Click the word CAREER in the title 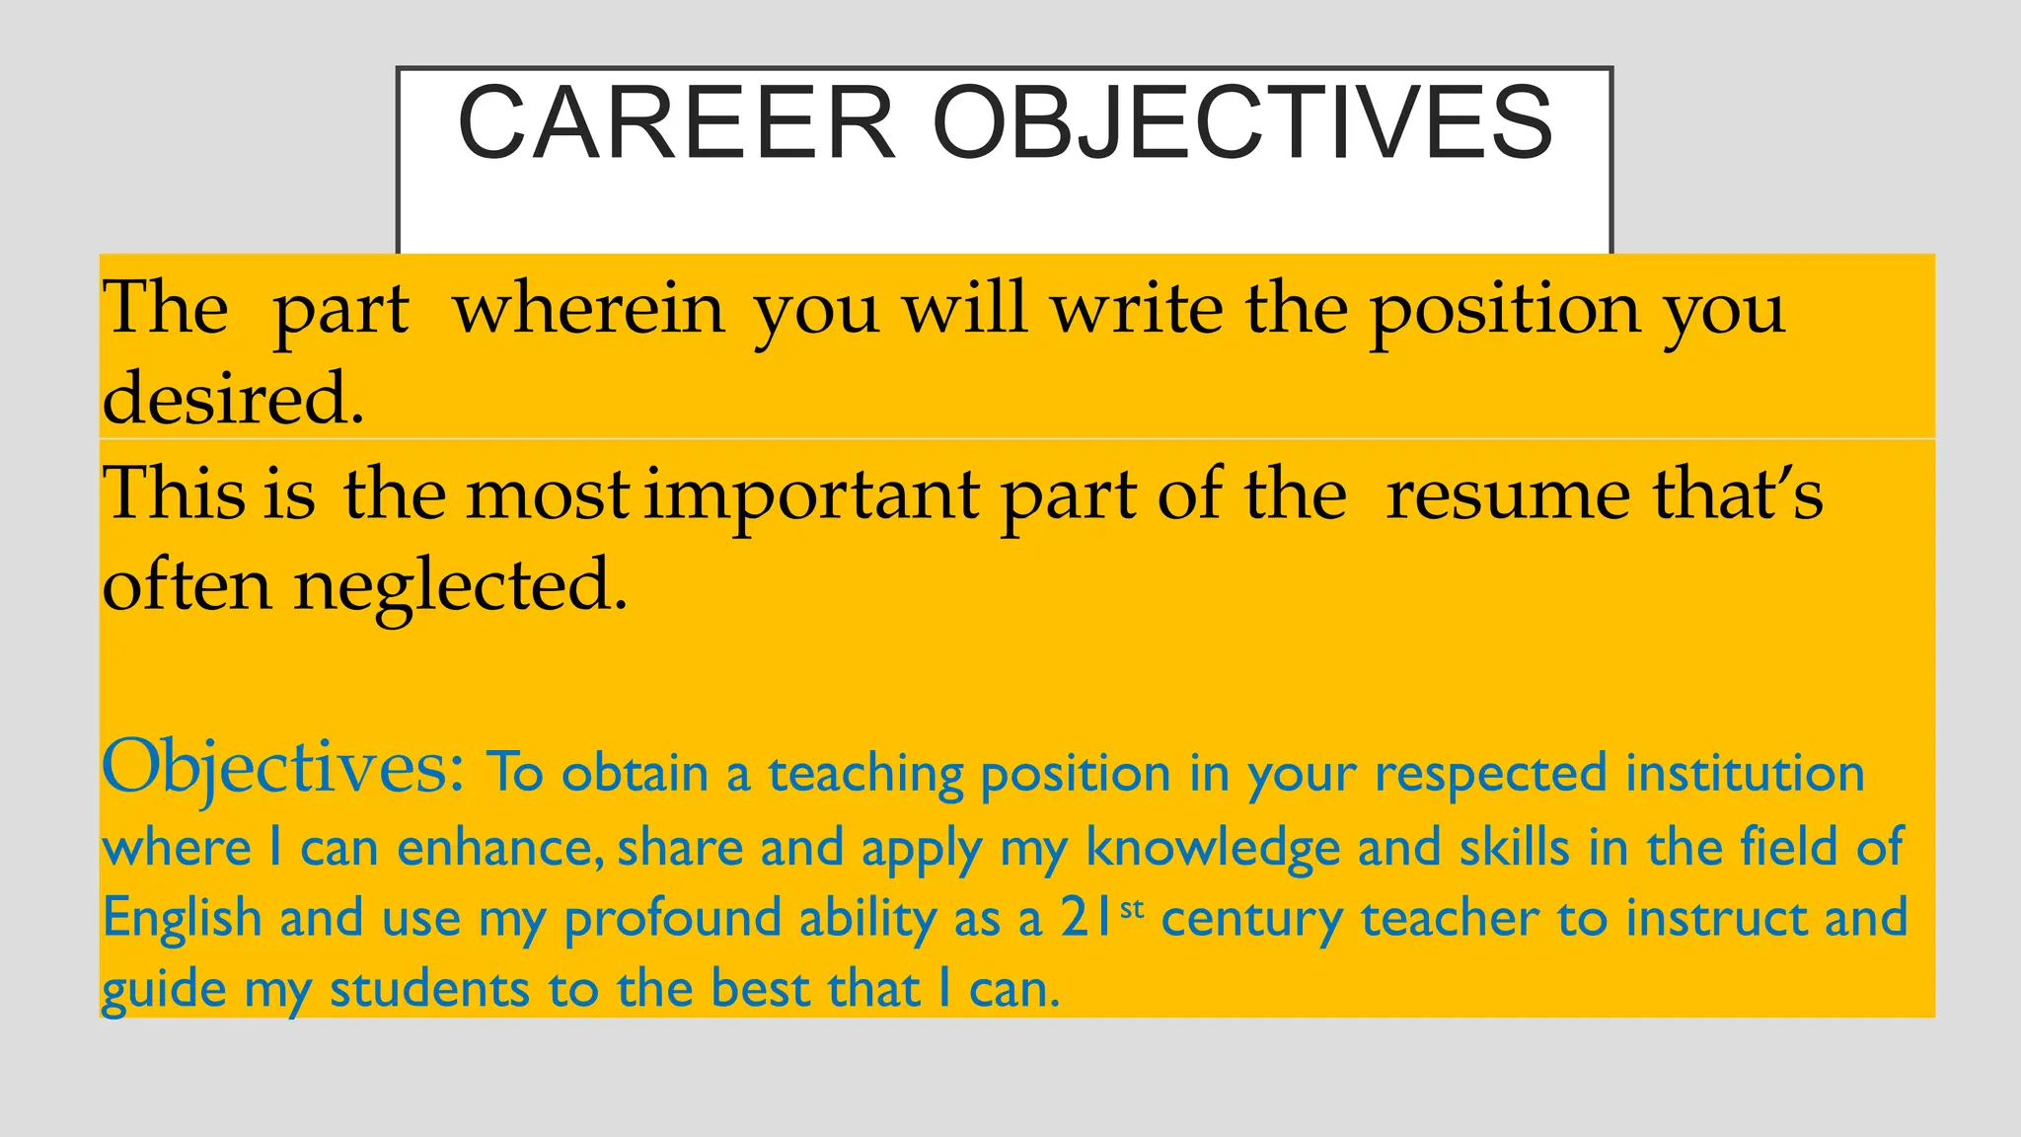(676, 123)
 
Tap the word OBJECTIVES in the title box (1242, 123)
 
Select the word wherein (588, 310)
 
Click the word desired (233, 399)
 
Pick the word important (812, 494)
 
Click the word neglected (460, 586)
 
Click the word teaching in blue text (865, 774)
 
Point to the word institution (1745, 773)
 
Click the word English (182, 919)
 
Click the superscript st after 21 (1132, 907)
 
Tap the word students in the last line (429, 990)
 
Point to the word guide (164, 990)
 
